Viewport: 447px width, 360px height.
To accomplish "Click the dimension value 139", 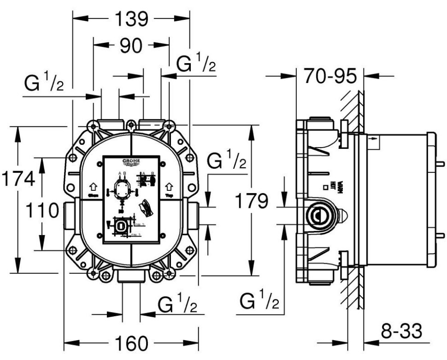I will coord(131,19).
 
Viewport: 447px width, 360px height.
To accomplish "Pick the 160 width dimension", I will coord(131,343).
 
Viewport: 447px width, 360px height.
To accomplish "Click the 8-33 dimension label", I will coord(401,330).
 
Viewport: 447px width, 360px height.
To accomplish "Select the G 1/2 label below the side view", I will coord(259,301).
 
